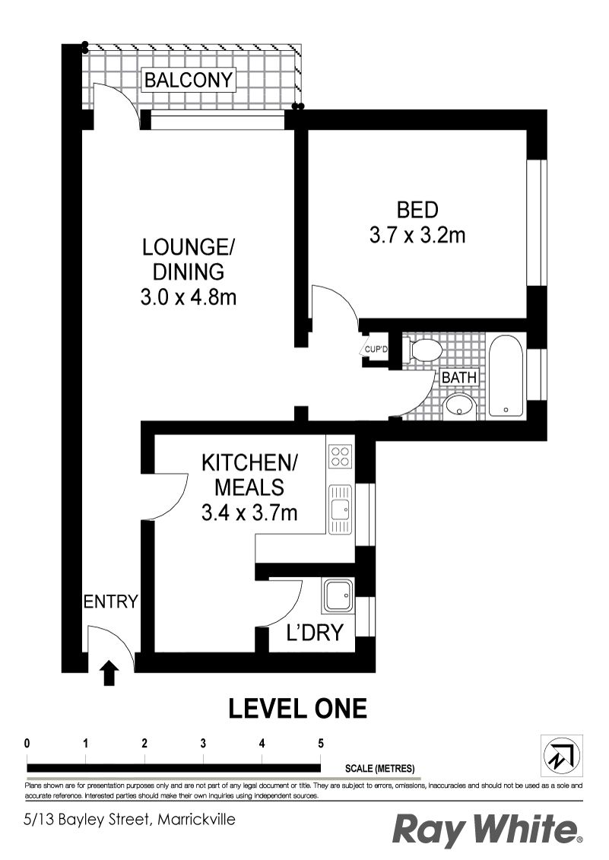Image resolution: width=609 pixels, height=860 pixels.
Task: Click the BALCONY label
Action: [189, 80]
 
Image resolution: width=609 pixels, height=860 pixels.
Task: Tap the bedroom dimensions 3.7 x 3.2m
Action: [417, 235]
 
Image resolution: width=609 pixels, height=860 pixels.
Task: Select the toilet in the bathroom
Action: [423, 349]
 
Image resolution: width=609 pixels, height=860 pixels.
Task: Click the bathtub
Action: [506, 376]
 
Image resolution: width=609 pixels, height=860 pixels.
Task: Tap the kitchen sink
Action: [340, 509]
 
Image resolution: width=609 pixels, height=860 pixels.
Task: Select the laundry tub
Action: [338, 596]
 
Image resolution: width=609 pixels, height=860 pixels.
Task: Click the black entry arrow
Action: [110, 673]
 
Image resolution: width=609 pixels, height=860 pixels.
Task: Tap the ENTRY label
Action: [110, 601]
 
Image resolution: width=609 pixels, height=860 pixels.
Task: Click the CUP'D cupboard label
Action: [376, 349]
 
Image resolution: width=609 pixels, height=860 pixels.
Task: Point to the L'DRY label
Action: [315, 633]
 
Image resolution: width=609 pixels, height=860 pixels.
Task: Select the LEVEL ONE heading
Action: [297, 709]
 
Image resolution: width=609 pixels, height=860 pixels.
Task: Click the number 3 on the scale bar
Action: [203, 744]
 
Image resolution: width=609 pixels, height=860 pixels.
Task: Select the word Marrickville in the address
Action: [196, 820]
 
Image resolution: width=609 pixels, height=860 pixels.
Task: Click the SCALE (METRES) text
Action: [379, 769]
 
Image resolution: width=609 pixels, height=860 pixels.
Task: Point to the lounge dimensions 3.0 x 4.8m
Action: [189, 298]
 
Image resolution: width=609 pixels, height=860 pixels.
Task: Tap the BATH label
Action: [459, 377]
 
